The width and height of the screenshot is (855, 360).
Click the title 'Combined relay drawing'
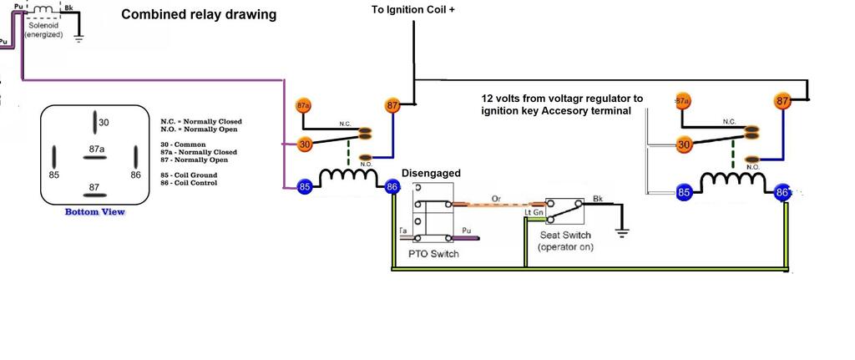click(199, 15)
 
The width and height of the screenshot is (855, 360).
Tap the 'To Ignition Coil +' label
click(413, 11)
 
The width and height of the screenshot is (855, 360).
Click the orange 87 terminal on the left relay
click(392, 105)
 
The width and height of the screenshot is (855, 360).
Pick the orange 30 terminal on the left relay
click(306, 145)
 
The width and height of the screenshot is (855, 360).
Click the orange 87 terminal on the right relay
click(782, 101)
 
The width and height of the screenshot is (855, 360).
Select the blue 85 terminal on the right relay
click(684, 193)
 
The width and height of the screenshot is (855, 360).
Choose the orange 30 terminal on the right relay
click(685, 145)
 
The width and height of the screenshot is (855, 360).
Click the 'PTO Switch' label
click(433, 254)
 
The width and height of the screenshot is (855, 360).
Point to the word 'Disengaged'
click(432, 174)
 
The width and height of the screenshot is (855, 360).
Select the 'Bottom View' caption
click(94, 212)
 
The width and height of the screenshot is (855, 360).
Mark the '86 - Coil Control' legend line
click(188, 183)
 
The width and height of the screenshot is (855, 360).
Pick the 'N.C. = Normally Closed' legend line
click(199, 121)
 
